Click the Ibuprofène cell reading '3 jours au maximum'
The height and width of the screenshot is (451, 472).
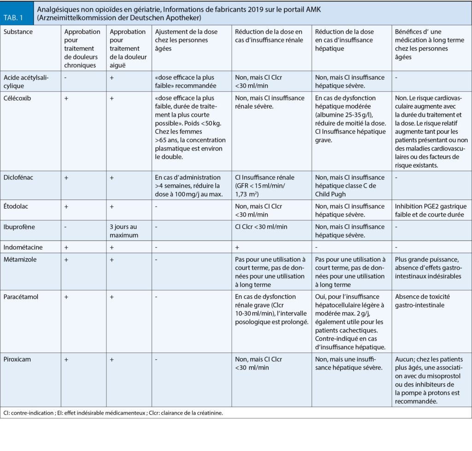[124, 231]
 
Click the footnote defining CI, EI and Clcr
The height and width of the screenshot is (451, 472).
[113, 413]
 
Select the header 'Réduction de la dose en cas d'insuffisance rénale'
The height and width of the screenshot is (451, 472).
[269, 36]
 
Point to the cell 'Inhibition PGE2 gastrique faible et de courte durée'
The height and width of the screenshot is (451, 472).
[431, 210]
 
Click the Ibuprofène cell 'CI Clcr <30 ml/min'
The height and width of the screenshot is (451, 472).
[261, 227]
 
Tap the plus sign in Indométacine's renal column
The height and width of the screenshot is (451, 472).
[237, 247]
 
